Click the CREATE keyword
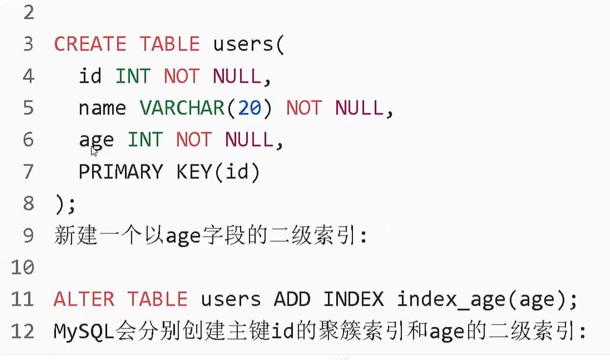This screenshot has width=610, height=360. (90, 44)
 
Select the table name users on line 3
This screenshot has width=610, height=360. (243, 44)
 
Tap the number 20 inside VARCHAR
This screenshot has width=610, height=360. (249, 108)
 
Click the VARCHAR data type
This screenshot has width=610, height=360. (181, 108)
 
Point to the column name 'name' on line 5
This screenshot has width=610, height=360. (102, 108)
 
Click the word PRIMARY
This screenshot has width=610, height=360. (120, 172)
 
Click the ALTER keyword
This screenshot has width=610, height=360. (84, 299)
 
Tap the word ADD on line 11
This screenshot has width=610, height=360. (292, 299)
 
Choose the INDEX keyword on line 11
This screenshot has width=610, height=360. (353, 299)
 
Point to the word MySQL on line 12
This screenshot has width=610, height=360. (84, 332)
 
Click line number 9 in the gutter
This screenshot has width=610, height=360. (28, 236)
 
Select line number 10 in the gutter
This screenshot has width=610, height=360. (22, 268)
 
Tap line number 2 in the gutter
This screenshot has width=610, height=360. (28, 12)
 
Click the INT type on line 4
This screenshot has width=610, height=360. (132, 77)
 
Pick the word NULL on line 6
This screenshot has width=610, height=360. (249, 140)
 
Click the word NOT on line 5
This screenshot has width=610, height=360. (304, 108)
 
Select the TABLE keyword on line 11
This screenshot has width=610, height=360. (157, 299)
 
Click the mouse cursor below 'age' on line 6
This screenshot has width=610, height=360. (94, 151)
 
